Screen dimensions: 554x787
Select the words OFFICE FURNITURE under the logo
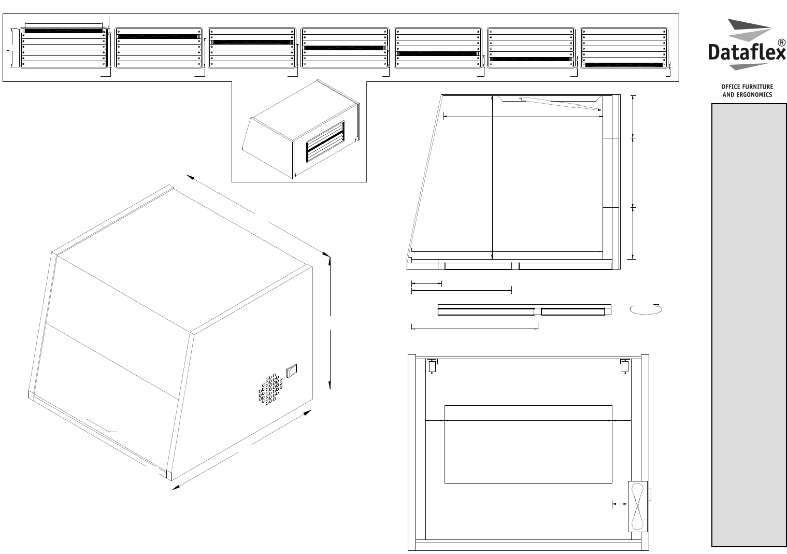click(x=747, y=87)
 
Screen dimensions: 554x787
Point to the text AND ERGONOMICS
click(x=747, y=95)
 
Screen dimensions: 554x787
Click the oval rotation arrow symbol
click(x=646, y=309)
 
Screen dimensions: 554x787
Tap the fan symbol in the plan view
click(x=638, y=506)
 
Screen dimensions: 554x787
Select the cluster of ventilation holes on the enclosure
click(x=270, y=390)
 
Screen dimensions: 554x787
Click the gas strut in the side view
click(x=560, y=104)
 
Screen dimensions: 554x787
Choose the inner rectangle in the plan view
click(x=528, y=444)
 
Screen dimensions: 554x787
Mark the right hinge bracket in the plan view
click(x=625, y=366)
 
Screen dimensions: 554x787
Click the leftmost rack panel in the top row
click(x=64, y=48)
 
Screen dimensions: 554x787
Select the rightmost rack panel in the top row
click(x=624, y=48)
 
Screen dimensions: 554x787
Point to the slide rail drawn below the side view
click(x=524, y=310)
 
